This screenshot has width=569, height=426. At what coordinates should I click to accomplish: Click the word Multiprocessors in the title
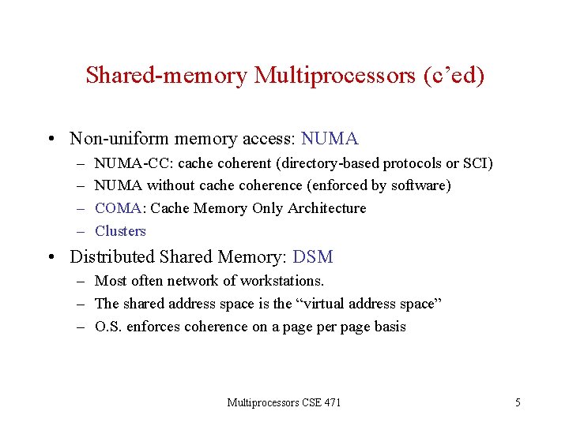tap(337, 76)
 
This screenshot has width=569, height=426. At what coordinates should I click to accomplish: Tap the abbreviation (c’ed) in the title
tap(454, 76)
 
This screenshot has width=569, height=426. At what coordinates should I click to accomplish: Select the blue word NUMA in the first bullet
tap(330, 139)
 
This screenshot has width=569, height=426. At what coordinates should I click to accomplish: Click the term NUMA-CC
tap(124, 163)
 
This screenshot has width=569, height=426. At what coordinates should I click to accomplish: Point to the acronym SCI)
tap(477, 163)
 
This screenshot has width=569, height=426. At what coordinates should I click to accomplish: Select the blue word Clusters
tap(120, 231)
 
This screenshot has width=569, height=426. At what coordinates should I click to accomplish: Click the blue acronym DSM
tap(313, 257)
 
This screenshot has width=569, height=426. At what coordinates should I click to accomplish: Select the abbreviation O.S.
tap(107, 327)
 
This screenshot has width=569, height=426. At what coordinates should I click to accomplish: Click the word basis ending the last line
tap(388, 327)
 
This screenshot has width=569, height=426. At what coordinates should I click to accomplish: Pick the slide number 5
tap(518, 403)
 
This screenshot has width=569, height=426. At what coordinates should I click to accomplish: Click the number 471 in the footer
tap(332, 403)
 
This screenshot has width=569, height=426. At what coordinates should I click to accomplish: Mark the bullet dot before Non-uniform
tap(51, 140)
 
